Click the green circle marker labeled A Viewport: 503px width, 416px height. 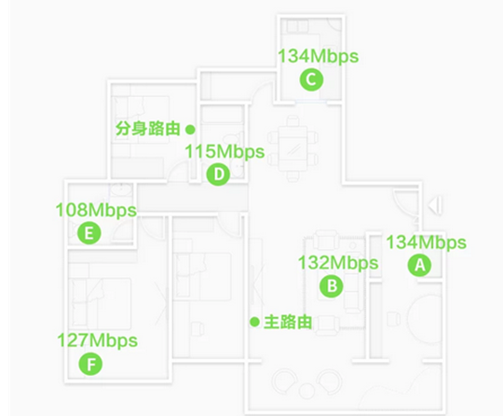pyautogui.click(x=419, y=265)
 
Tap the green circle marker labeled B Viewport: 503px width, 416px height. pyautogui.click(x=332, y=285)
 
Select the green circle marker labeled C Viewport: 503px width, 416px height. pyautogui.click(x=311, y=79)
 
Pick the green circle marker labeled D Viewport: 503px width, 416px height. pyautogui.click(x=219, y=174)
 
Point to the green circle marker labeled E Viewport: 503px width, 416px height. pyautogui.click(x=89, y=233)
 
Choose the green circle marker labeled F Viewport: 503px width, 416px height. pyautogui.click(x=90, y=364)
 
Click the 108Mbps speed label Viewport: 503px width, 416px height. pyautogui.click(x=96, y=211)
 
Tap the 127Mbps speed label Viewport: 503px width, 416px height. pyautogui.click(x=98, y=341)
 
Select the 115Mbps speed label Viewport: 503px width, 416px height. pyautogui.click(x=224, y=152)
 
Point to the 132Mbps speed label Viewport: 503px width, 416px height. pyautogui.click(x=338, y=263)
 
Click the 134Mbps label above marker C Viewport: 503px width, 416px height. pyautogui.click(x=319, y=57)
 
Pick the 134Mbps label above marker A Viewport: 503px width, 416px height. pyautogui.click(x=427, y=243)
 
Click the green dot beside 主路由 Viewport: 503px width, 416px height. pyautogui.click(x=254, y=322)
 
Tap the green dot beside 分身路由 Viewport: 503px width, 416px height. pyautogui.click(x=190, y=130)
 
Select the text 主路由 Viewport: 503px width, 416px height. pyautogui.click(x=288, y=322)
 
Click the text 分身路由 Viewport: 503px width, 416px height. pyautogui.click(x=147, y=129)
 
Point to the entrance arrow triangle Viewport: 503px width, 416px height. pyautogui.click(x=435, y=205)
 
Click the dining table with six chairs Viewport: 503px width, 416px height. pyautogui.click(x=293, y=148)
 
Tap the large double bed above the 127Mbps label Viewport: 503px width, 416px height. pyautogui.click(x=101, y=303)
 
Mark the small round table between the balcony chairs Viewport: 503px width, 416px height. pyautogui.click(x=307, y=391)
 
